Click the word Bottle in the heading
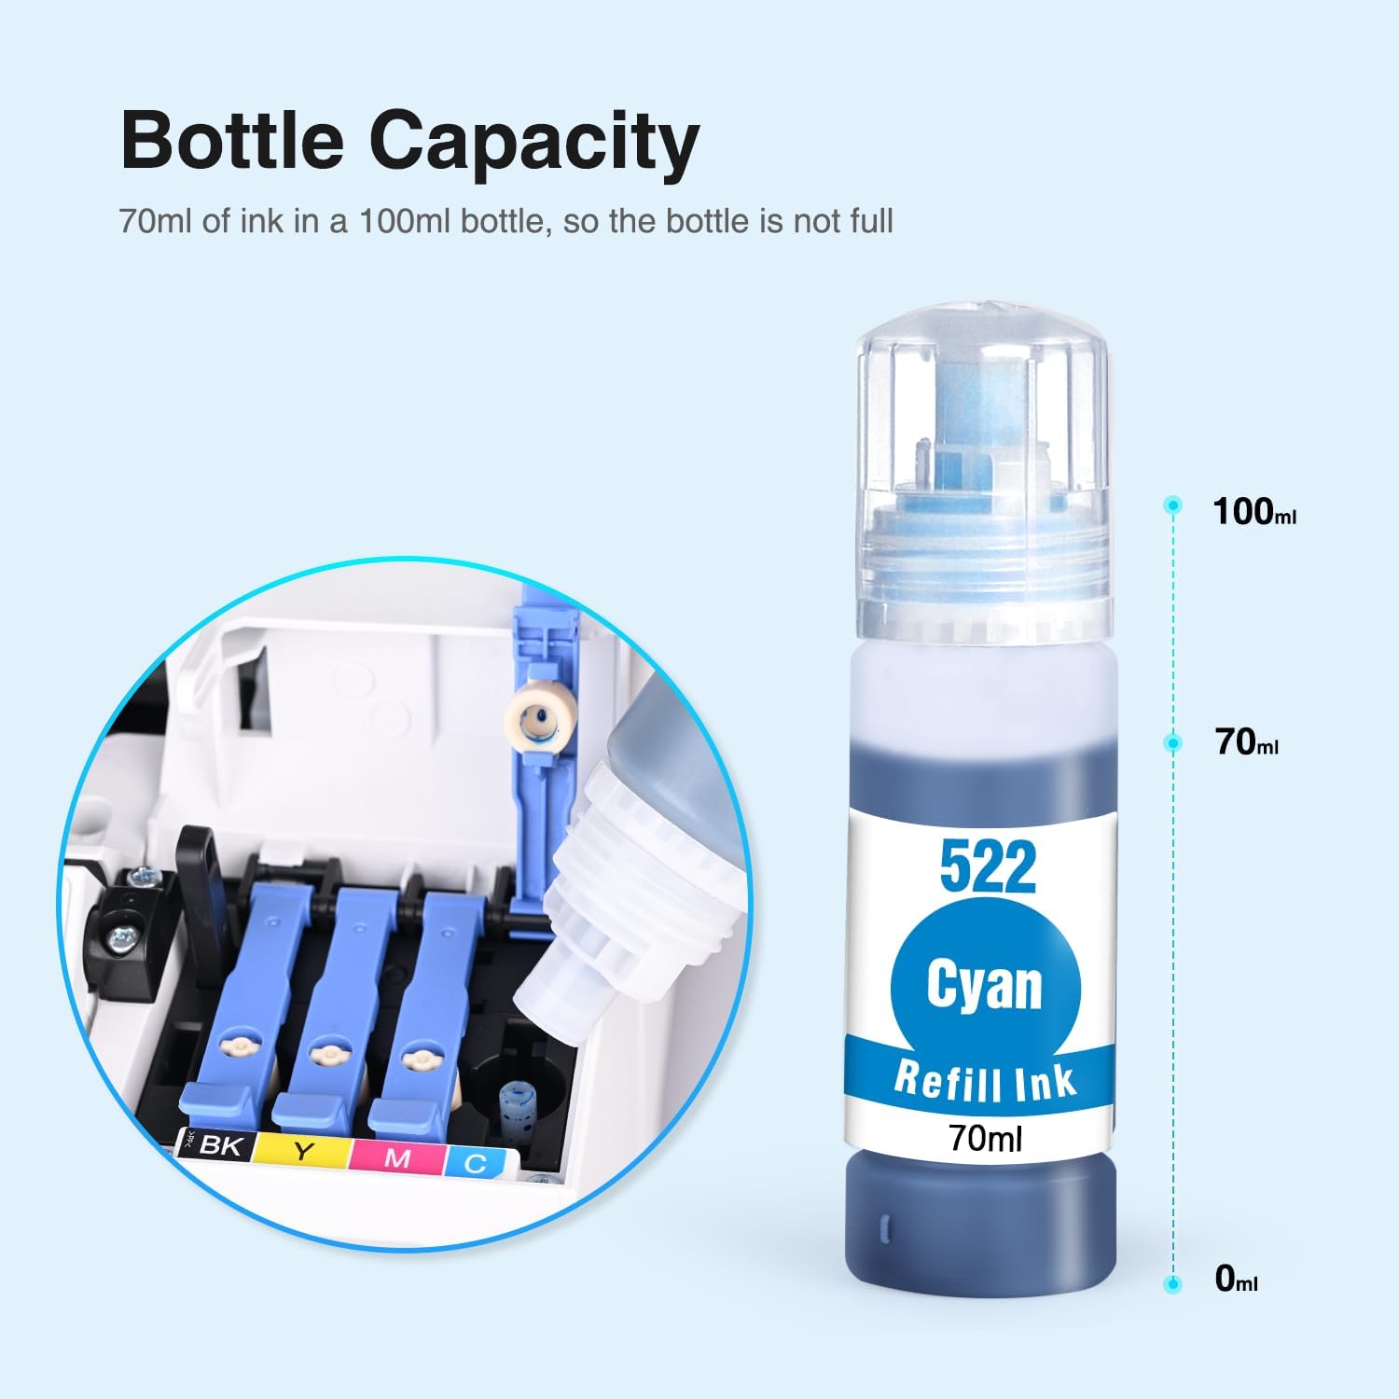tap(232, 141)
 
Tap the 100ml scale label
tap(1254, 512)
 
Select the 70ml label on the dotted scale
tap(1247, 742)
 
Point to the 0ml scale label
tap(1237, 1279)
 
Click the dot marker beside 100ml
tap(1173, 506)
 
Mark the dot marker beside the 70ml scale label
tap(1173, 742)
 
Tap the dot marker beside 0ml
tap(1173, 1284)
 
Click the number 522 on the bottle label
tap(988, 866)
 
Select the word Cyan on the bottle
tap(985, 985)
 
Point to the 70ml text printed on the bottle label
tap(985, 1138)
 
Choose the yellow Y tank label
tap(302, 1151)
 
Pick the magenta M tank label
tap(397, 1157)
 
